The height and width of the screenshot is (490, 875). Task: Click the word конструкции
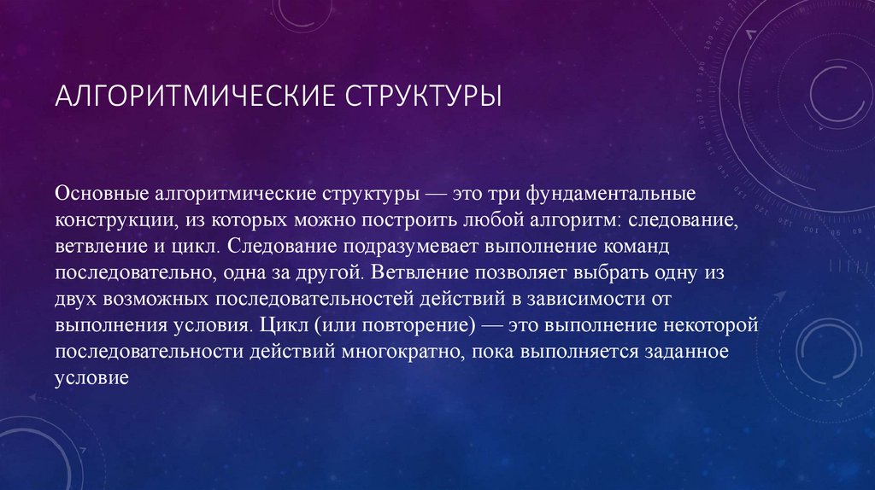[x=116, y=219]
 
